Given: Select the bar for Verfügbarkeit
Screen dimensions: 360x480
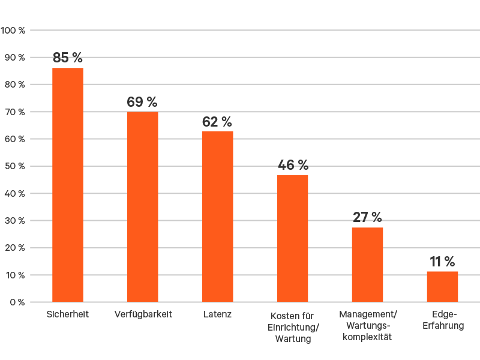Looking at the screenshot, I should click(143, 207).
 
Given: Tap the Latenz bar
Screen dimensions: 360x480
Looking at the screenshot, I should click(217, 216).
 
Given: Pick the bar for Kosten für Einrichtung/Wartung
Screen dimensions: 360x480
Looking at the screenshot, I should click(292, 238).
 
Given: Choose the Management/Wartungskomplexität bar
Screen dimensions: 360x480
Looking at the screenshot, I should click(367, 265).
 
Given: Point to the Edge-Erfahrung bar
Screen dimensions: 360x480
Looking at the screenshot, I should click(442, 287).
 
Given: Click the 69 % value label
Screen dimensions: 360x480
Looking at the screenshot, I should click(142, 102).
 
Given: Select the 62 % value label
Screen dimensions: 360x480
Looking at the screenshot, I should click(217, 122).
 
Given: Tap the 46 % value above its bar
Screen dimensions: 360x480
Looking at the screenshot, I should click(292, 165).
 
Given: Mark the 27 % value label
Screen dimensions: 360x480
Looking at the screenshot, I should click(367, 217).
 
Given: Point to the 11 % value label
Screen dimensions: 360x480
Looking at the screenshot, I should click(442, 262).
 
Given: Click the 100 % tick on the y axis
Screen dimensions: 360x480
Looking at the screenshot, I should click(13, 30).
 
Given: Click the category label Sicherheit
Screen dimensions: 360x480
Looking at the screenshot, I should click(68, 314).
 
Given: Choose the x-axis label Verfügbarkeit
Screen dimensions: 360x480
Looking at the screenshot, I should click(143, 314).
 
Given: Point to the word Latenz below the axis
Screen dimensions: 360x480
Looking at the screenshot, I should click(217, 314).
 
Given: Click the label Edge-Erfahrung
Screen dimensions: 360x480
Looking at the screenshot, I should click(444, 320).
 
